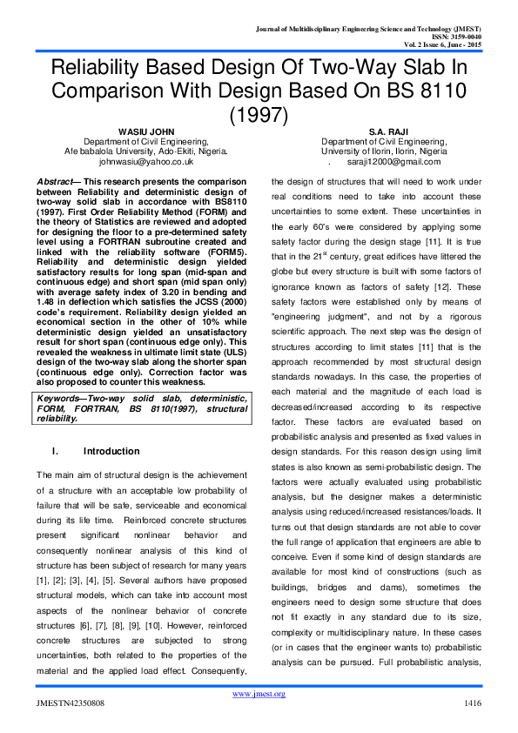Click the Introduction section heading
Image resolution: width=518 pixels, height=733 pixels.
click(111, 452)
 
